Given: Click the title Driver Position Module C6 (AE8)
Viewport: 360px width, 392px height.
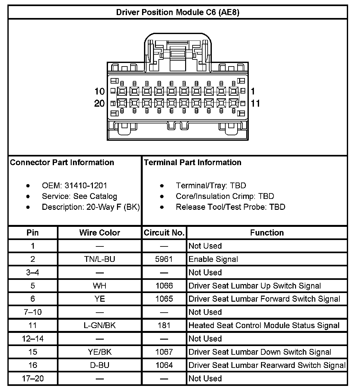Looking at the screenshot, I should click(177, 12).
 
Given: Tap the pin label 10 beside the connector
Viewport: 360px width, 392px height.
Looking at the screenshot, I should click(100, 92).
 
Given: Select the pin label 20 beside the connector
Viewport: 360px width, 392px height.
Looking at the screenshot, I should click(100, 103).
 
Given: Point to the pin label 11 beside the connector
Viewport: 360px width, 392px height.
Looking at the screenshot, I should click(256, 103).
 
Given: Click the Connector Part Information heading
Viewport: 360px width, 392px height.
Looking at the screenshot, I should click(62, 162).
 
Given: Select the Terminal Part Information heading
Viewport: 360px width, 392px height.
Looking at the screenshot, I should click(193, 162).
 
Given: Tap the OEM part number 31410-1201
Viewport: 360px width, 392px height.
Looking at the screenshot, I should click(86, 186).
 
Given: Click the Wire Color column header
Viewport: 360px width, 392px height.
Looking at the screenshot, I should click(100, 233).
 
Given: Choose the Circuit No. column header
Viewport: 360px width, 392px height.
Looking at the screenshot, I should click(164, 233).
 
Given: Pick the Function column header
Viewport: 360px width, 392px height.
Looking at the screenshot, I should click(267, 233).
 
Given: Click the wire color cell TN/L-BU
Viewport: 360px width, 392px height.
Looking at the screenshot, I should click(100, 259).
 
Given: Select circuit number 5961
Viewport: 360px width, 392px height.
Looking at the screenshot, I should click(164, 259).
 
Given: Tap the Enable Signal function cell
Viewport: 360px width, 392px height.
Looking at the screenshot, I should click(213, 259).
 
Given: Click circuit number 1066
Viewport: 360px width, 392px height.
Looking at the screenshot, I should click(164, 286).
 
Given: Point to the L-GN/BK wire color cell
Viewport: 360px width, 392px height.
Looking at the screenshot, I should click(100, 325).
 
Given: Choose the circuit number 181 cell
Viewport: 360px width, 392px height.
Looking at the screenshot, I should click(164, 325).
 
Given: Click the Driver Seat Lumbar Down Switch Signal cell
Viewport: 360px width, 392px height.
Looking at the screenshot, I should click(260, 352).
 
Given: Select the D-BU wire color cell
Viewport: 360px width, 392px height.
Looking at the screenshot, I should click(100, 365).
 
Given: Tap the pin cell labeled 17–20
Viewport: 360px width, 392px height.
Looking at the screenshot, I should click(33, 379).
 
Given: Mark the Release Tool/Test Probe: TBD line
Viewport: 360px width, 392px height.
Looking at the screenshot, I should click(230, 207).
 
